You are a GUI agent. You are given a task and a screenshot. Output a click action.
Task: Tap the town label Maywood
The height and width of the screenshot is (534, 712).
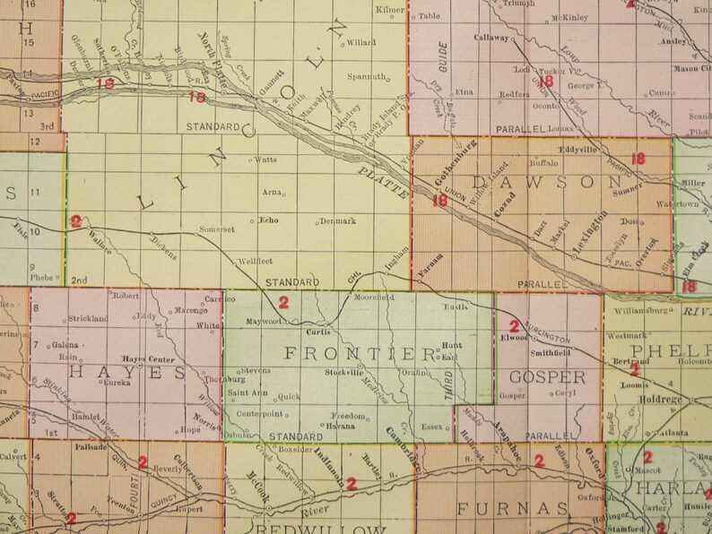click(265, 322)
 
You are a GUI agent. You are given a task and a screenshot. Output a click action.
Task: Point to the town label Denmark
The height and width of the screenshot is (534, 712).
click(340, 220)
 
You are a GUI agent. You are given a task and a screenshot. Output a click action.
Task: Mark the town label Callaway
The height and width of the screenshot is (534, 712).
click(491, 39)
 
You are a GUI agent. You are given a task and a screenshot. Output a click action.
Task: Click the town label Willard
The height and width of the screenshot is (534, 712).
click(360, 42)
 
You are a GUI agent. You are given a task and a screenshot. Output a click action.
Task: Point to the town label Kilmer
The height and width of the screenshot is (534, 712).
click(390, 10)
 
